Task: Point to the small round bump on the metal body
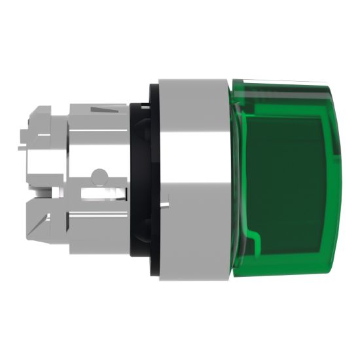(99, 175)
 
